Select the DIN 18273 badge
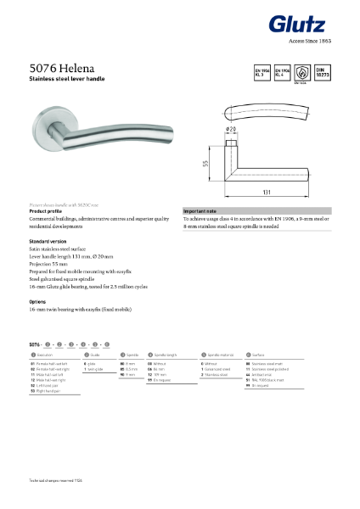(323, 70)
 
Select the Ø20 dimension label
(230, 129)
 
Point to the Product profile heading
(48, 210)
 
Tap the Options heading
(38, 301)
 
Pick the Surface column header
(261, 354)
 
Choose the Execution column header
(43, 354)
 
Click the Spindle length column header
(165, 354)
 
